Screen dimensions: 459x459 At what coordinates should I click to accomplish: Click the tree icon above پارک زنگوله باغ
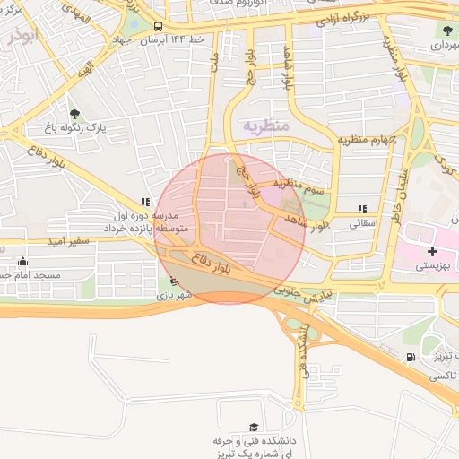point(74,114)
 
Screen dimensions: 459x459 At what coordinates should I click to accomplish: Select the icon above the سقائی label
point(362,208)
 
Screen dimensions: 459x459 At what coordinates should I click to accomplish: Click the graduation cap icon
point(255,427)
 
